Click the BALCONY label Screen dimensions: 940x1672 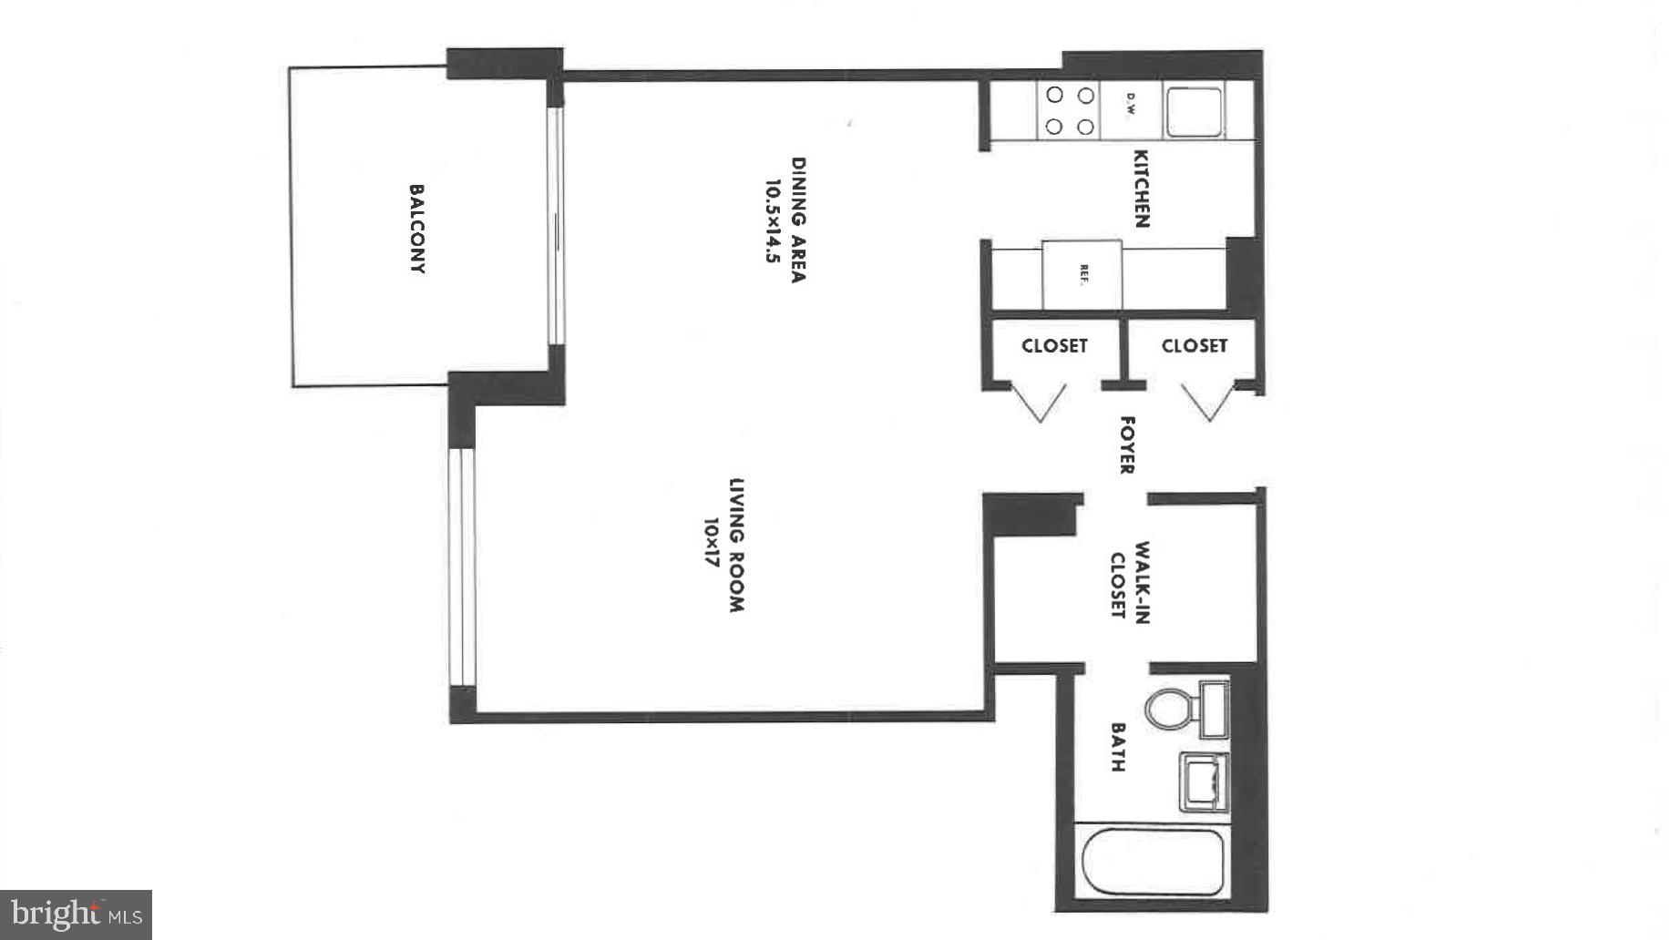[416, 229]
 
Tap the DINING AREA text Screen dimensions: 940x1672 [798, 220]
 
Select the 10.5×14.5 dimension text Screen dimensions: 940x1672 [773, 220]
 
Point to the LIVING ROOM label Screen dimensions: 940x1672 [737, 545]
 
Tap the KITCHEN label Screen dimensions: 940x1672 [1140, 189]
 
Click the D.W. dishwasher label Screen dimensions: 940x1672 [1130, 104]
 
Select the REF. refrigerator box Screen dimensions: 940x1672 [1082, 275]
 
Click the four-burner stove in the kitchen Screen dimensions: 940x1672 [1069, 110]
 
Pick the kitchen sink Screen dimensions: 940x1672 [1194, 111]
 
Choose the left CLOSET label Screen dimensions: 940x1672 [1054, 346]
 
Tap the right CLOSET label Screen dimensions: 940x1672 [1194, 346]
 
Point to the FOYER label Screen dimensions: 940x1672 [1127, 445]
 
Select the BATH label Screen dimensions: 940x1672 [1118, 748]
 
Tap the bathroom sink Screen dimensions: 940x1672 [1204, 782]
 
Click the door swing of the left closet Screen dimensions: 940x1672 [1040, 402]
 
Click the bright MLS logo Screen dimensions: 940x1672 [76, 914]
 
